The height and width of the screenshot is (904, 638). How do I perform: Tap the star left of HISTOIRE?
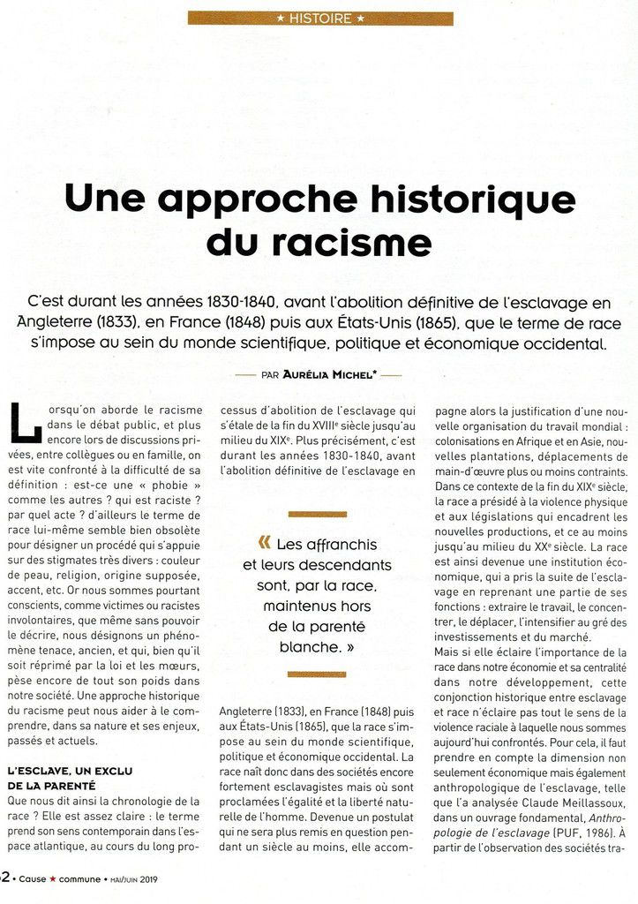pyautogui.click(x=281, y=18)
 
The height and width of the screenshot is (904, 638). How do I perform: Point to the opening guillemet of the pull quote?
pyautogui.click(x=265, y=543)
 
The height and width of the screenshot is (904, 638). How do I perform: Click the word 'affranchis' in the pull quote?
pyautogui.click(x=327, y=545)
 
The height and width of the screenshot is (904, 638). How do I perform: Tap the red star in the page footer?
pyautogui.click(x=62, y=878)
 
